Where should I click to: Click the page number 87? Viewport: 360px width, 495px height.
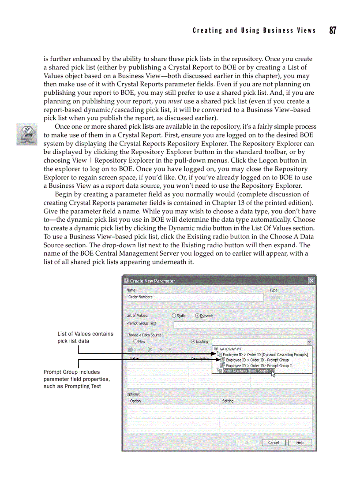pyautogui.click(x=332, y=30)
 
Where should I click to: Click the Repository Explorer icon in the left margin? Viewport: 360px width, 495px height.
pyautogui.click(x=26, y=134)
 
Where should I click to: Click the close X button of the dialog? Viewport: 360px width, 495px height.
pyautogui.click(x=311, y=281)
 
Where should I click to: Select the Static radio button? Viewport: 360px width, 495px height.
pyautogui.click(x=174, y=316)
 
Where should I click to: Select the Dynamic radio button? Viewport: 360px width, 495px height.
pyautogui.click(x=197, y=316)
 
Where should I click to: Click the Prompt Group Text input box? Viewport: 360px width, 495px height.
pyautogui.click(x=243, y=325)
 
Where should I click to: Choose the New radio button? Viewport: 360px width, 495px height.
pyautogui.click(x=135, y=341)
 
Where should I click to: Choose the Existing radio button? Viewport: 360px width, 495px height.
pyautogui.click(x=193, y=341)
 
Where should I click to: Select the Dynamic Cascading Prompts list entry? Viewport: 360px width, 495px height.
pyautogui.click(x=265, y=354)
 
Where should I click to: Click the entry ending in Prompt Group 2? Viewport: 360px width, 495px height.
pyautogui.click(x=259, y=365)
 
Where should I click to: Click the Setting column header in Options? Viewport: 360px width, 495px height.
pyautogui.click(x=228, y=401)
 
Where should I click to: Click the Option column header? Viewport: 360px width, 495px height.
pyautogui.click(x=135, y=401)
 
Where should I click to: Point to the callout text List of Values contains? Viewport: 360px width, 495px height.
pyautogui.click(x=85, y=334)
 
